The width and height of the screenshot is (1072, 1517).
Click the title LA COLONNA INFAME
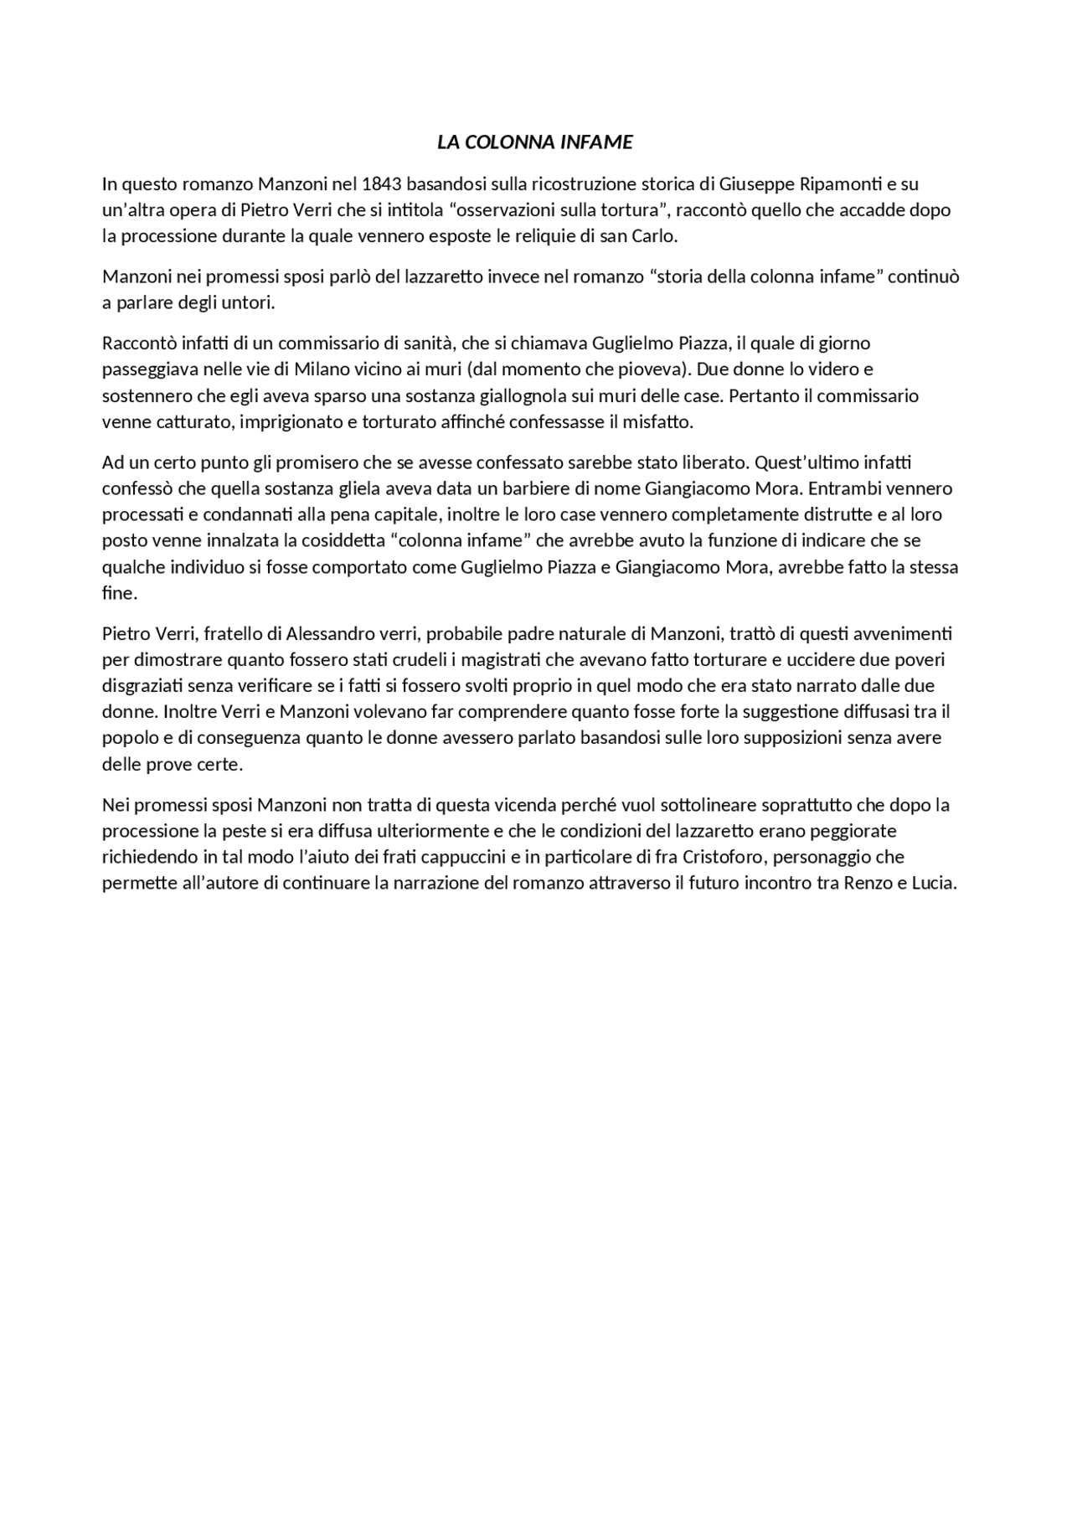(534, 142)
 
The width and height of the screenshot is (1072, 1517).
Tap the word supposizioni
(738, 738)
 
